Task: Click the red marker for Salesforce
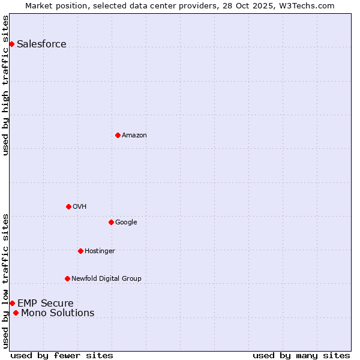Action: [11, 44]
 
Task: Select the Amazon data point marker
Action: [118, 135]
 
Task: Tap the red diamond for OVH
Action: [68, 206]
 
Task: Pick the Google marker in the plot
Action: [111, 222]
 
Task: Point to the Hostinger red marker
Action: [80, 251]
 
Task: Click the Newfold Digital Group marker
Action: [67, 278]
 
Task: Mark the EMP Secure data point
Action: [12, 303]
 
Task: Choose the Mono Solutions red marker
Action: [16, 313]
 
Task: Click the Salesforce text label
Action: [41, 44]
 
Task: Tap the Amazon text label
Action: [134, 135]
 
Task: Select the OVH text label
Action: [79, 206]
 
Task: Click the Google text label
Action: [126, 222]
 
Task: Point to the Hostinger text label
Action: [100, 251]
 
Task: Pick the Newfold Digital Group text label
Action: [106, 278]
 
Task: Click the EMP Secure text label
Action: [45, 303]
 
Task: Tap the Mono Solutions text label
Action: [58, 313]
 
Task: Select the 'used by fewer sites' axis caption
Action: [62, 355]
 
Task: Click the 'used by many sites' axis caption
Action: [301, 355]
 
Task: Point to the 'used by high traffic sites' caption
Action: [5, 85]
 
